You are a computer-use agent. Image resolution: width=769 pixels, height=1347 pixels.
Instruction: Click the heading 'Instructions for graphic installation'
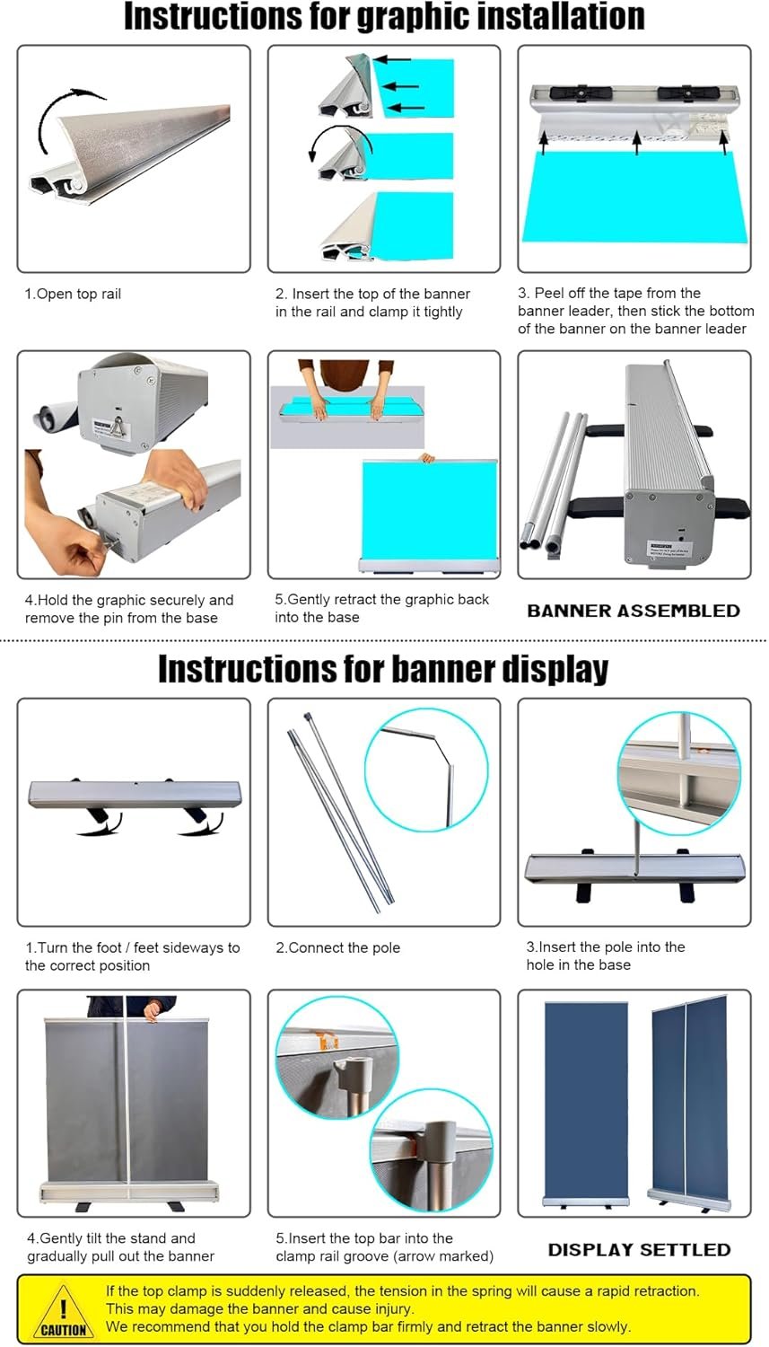click(384, 18)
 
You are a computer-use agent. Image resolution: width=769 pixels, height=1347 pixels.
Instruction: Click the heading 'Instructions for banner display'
click(383, 670)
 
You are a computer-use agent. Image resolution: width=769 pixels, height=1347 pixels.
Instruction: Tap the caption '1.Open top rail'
click(73, 294)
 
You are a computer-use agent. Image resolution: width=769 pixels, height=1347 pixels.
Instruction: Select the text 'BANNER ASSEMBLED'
click(634, 611)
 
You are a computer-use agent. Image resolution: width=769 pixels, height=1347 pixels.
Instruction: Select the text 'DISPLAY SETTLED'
click(639, 1249)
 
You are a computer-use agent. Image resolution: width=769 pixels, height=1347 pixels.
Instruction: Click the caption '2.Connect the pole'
click(338, 947)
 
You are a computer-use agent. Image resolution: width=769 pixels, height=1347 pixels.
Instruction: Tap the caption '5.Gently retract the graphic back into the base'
click(381, 608)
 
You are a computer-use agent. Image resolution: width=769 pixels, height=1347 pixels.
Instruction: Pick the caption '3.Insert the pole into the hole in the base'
click(605, 955)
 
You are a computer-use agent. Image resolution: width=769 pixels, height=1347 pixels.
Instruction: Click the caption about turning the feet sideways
click(133, 956)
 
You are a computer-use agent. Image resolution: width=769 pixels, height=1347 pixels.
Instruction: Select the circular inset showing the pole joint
click(426, 769)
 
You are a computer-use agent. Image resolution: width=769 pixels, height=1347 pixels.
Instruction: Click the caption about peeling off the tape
click(635, 311)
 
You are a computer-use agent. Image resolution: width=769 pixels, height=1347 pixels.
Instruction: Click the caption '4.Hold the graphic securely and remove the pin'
click(128, 609)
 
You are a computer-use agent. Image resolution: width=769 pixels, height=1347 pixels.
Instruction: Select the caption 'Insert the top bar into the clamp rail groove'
click(384, 1247)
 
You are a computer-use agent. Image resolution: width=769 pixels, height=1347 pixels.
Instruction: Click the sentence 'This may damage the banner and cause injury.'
click(260, 1309)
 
